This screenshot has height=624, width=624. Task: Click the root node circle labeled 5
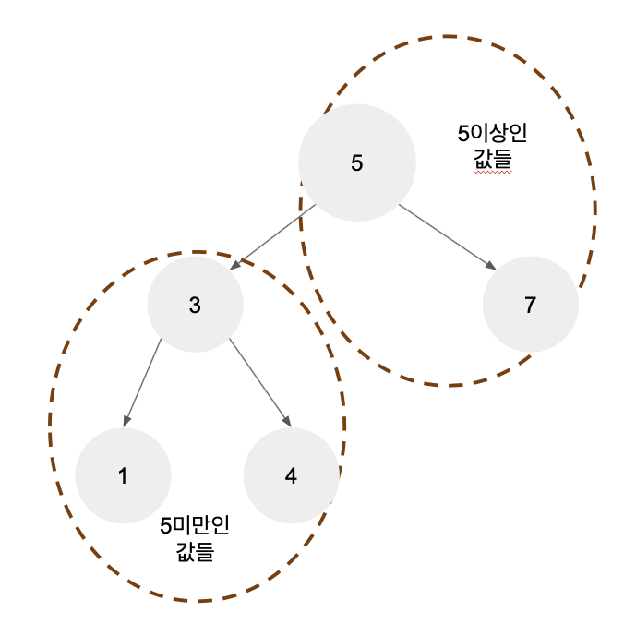(357, 163)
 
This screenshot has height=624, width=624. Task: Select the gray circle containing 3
(195, 306)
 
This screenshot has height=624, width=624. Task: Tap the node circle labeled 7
(530, 306)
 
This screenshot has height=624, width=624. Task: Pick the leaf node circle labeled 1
(123, 476)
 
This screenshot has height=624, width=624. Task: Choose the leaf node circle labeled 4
(291, 476)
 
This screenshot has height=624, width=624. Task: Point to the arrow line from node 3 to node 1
(141, 383)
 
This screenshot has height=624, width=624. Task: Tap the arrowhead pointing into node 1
(124, 421)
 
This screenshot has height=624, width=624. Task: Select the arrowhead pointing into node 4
(287, 421)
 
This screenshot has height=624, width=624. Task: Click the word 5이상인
(492, 133)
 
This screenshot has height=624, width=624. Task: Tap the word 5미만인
(195, 526)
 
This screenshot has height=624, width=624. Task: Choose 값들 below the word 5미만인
(195, 552)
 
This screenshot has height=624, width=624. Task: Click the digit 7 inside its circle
(530, 306)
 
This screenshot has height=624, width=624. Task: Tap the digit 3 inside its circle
(195, 306)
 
